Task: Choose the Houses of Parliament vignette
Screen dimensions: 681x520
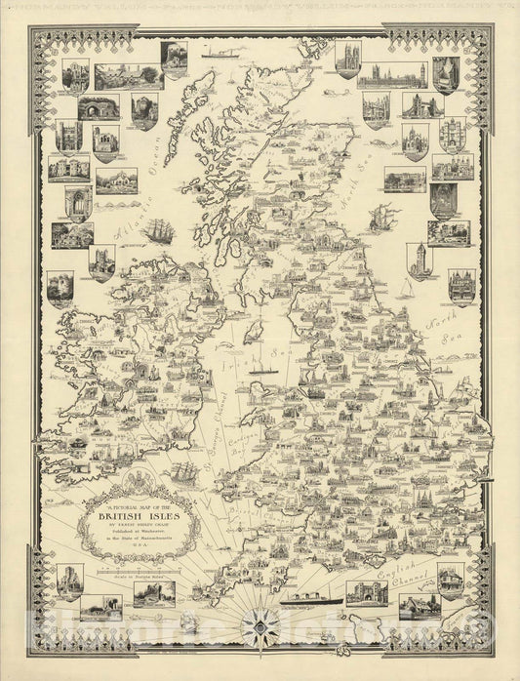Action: pos(390,75)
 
